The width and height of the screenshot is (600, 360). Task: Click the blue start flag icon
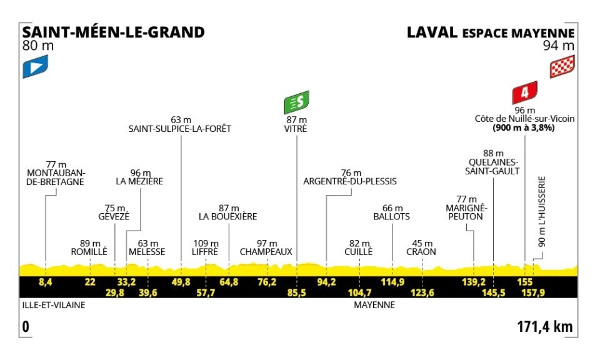(35, 66)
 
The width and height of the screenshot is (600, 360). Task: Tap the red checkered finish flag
(562, 67)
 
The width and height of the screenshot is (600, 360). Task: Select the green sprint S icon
(297, 100)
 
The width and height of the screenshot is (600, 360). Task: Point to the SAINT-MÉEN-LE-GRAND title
(113, 32)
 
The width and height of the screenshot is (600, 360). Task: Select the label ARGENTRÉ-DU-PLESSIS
(349, 182)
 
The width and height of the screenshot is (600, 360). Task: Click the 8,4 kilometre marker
(45, 282)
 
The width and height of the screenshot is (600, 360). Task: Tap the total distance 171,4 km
(545, 326)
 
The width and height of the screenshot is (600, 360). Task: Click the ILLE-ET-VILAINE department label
(52, 306)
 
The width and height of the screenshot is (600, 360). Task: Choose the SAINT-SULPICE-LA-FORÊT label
(180, 129)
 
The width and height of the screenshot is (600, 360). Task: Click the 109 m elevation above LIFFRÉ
(206, 243)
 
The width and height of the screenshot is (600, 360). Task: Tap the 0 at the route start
(26, 326)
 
